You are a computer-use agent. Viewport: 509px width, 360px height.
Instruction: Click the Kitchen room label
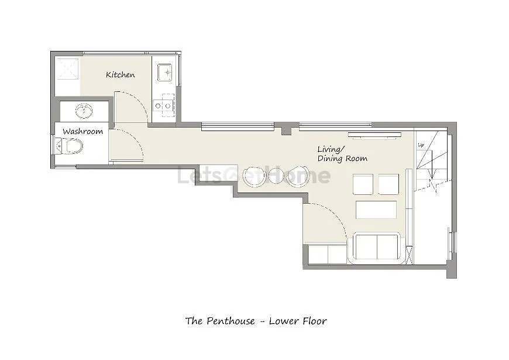[120, 75]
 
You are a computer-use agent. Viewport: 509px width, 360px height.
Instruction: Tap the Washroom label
[82, 132]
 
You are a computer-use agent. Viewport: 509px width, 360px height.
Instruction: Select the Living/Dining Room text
[342, 154]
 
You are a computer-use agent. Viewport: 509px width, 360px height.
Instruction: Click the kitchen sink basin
[164, 73]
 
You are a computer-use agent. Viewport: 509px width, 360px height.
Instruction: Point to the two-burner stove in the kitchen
[164, 105]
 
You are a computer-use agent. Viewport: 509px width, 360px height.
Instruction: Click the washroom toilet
[69, 146]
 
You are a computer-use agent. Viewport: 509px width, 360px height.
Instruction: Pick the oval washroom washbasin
[84, 111]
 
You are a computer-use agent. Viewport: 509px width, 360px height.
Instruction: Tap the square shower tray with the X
[68, 69]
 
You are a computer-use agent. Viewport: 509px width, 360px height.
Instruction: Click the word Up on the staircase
[421, 145]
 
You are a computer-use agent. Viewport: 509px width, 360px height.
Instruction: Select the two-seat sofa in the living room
[377, 248]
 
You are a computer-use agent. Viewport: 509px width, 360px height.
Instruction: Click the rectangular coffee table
[376, 210]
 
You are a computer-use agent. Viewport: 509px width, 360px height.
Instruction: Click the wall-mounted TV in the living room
[374, 135]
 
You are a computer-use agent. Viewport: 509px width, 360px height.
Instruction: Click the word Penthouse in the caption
[231, 321]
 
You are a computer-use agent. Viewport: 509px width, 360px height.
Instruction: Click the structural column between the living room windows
[286, 129]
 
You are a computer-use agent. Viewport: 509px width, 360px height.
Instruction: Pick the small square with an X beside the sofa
[410, 255]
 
